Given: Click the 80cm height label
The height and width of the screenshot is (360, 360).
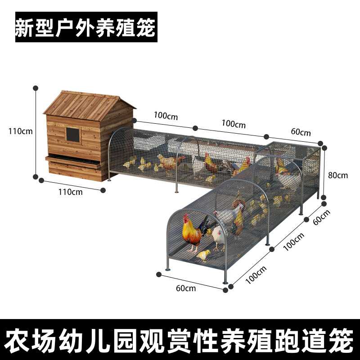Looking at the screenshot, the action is click(x=338, y=175).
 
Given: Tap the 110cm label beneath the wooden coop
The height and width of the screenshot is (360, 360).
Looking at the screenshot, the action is click(x=71, y=192).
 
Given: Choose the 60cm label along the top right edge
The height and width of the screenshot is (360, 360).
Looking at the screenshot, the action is click(x=301, y=132).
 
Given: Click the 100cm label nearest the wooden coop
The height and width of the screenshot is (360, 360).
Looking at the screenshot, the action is click(x=165, y=116).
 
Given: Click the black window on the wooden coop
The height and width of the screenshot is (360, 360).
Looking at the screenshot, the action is click(x=72, y=134).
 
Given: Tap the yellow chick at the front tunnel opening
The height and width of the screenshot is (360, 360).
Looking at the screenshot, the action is click(x=203, y=255).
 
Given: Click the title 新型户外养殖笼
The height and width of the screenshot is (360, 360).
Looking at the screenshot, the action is click(x=85, y=27).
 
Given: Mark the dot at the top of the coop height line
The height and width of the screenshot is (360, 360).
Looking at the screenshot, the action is click(x=36, y=88).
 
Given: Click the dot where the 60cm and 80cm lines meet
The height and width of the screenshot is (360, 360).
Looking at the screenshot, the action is click(x=321, y=144).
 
